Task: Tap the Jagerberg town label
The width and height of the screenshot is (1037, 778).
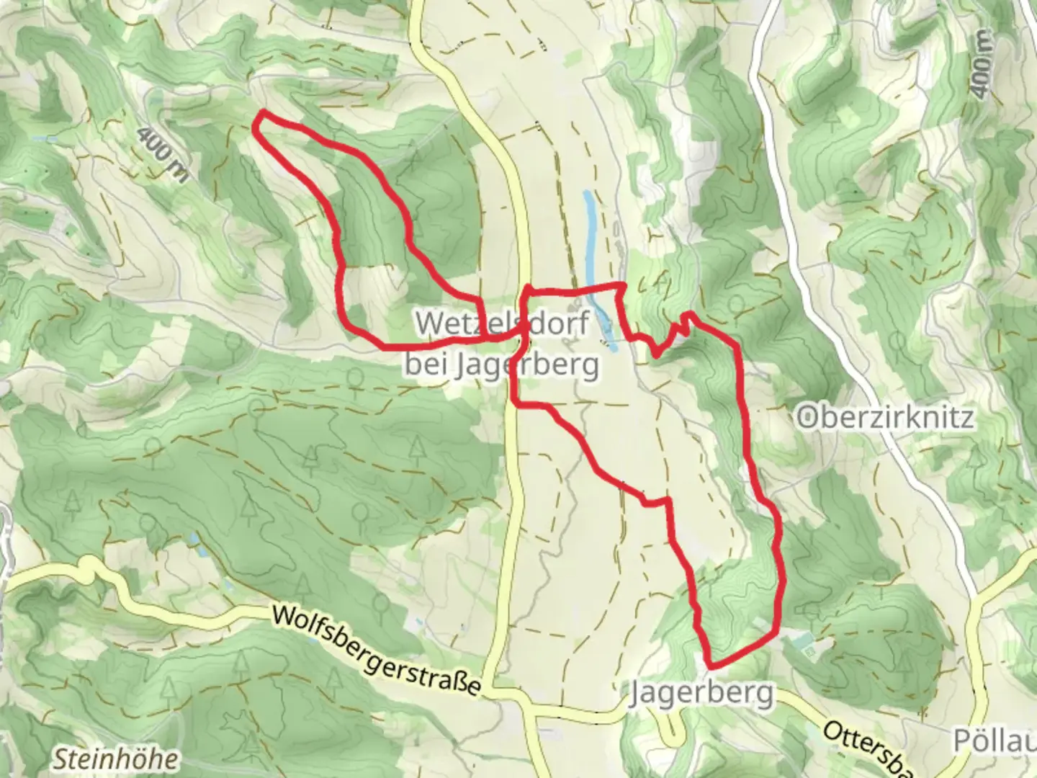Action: point(702,694)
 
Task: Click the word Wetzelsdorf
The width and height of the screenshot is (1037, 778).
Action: point(503,323)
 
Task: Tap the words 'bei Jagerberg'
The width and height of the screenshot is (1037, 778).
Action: point(501,365)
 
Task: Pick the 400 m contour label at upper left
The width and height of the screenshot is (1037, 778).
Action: point(159,153)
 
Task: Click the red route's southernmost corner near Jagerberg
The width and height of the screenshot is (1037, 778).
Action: point(711,665)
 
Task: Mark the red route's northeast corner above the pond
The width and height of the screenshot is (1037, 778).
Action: point(621,287)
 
